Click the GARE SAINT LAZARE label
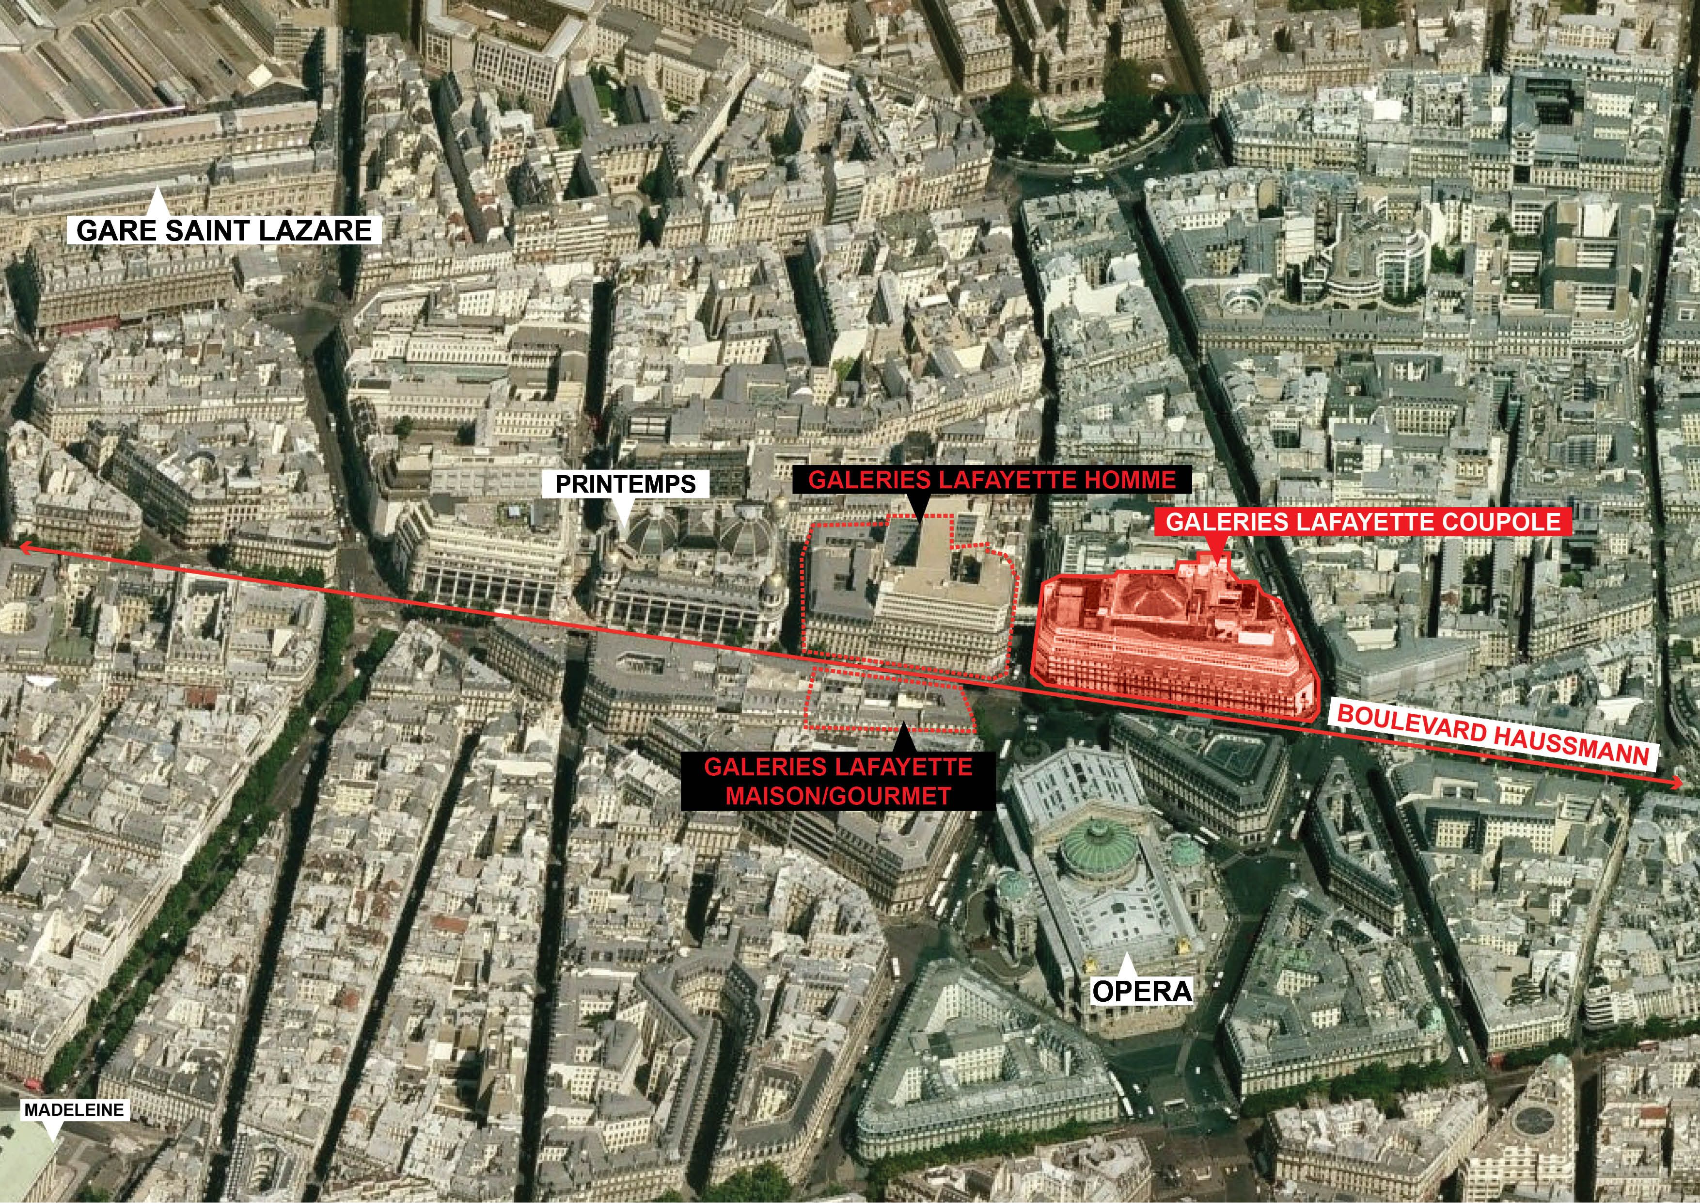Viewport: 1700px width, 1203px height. (223, 230)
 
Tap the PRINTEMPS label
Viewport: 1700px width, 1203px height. (626, 484)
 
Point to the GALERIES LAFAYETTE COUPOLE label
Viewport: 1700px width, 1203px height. (1362, 522)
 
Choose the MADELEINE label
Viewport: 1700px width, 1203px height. (74, 1110)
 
